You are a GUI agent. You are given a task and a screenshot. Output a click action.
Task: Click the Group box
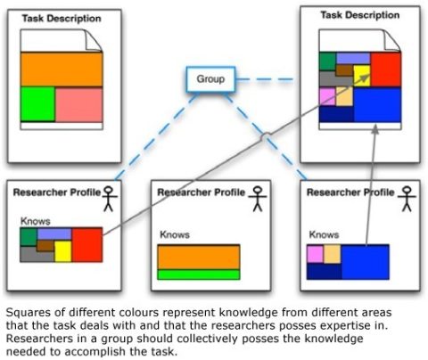point(210,79)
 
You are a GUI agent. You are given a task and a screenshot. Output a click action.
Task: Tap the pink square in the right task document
point(327,96)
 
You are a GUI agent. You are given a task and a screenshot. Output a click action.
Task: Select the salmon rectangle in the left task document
point(79,104)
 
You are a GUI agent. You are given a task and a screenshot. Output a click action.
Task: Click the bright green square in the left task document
point(37,104)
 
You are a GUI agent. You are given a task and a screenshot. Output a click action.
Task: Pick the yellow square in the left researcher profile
point(63,251)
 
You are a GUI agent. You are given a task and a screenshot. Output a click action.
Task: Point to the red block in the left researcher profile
point(87,245)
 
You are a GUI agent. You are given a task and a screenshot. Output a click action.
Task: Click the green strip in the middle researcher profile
point(199,274)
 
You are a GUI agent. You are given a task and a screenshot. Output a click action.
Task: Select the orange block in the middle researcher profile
point(199,257)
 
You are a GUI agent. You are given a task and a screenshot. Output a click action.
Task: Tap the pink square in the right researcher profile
point(315,254)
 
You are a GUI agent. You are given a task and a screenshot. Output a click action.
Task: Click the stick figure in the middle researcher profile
point(258,199)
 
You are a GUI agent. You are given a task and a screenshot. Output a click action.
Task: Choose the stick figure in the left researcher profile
point(109,199)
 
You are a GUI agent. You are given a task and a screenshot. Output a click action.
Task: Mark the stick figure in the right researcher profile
point(407,199)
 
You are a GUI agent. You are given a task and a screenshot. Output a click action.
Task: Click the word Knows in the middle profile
point(175,234)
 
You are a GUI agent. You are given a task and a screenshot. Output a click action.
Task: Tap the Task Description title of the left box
point(62,19)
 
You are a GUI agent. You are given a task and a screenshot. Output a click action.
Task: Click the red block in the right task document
point(386,70)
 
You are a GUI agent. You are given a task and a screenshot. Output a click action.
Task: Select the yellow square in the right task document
point(362,76)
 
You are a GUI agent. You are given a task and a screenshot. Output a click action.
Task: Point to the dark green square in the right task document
point(327,61)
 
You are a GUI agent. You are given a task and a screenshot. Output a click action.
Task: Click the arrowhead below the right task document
point(375,129)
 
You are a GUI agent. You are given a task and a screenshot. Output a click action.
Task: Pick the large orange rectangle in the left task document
point(62,70)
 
